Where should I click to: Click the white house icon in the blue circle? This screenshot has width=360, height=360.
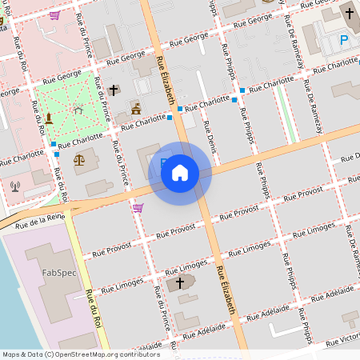tap(180, 173)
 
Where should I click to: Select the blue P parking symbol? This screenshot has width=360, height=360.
tap(345, 40)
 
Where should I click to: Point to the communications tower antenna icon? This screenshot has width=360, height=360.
tap(14, 186)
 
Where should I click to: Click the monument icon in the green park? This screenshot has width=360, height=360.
tap(49, 118)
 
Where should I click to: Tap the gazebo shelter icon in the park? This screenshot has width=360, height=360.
tap(77, 109)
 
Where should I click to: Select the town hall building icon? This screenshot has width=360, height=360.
tap(136, 108)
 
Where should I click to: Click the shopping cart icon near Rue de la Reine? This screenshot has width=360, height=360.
tap(138, 208)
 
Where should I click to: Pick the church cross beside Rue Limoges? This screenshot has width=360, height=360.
tap(180, 282)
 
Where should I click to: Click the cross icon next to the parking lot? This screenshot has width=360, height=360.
tap(350, 14)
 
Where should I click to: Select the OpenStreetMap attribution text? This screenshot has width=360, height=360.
tap(80, 354)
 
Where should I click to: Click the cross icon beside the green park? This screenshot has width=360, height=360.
tap(114, 90)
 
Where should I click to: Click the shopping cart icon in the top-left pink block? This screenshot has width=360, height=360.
tap(54, 14)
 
